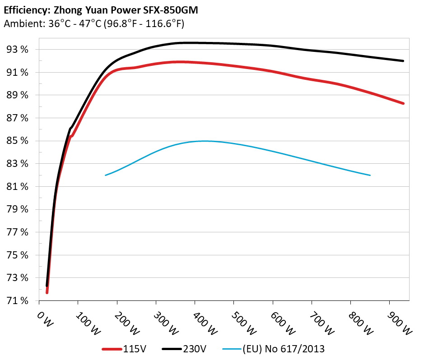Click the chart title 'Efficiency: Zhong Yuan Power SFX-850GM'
pos(101,9)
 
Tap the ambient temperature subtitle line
pos(94,23)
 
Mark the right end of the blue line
pos(370,175)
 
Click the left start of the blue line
pos(105,175)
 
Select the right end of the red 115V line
pos(403,103)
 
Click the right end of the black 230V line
pos(403,61)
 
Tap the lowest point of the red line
pos(47,293)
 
